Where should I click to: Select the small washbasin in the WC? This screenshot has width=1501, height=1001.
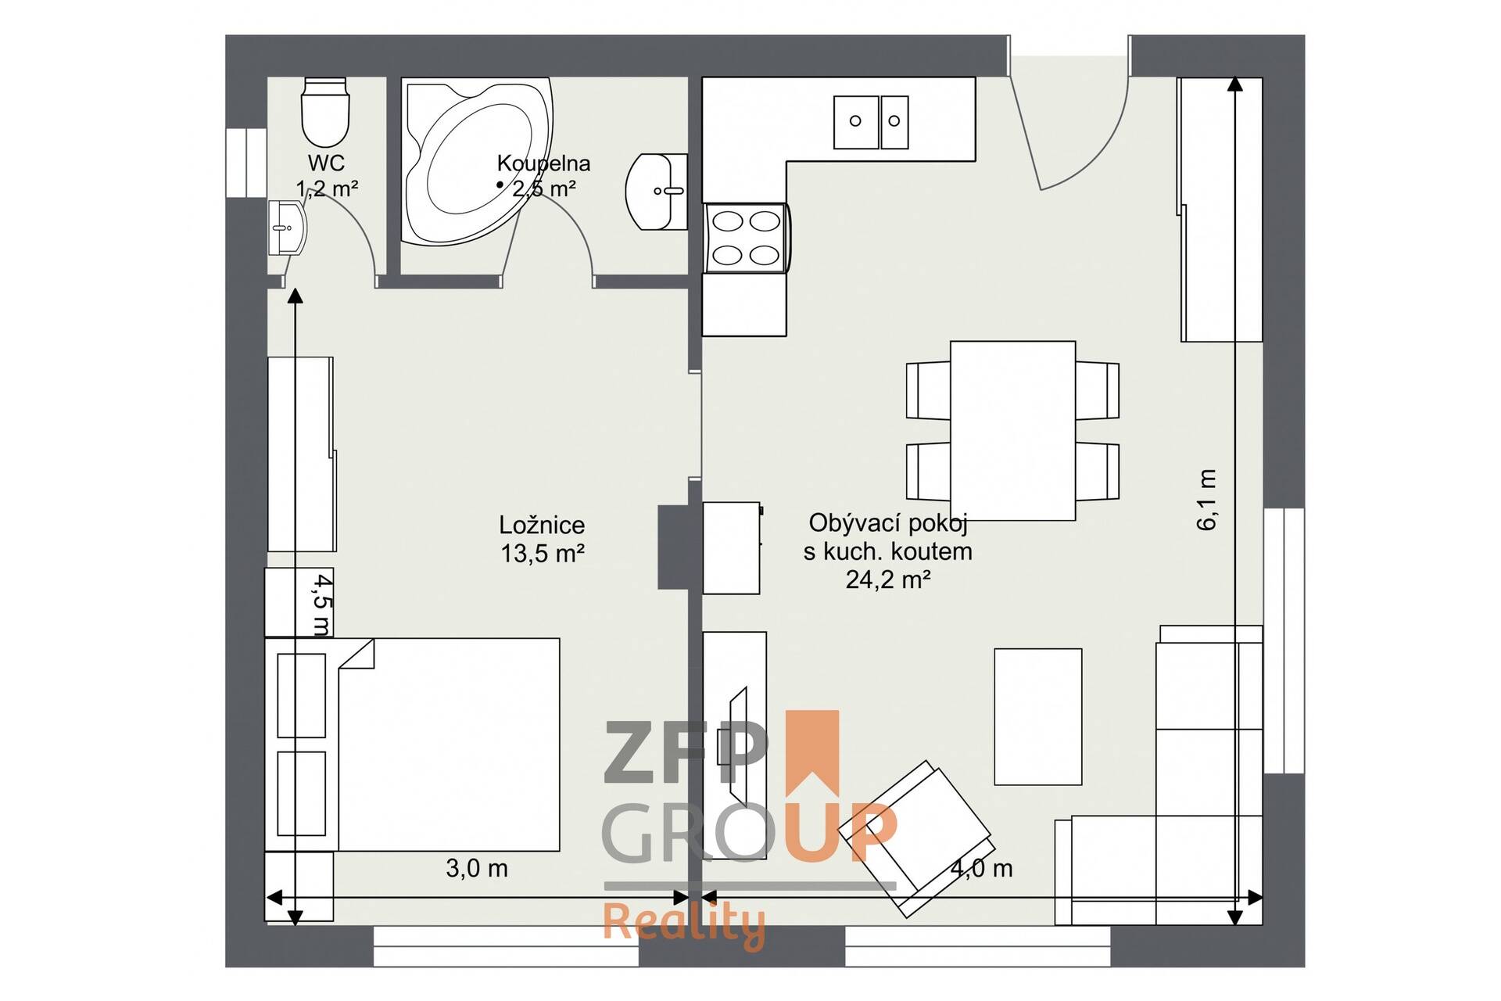(x=286, y=228)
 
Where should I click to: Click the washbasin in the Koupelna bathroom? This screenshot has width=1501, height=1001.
(x=657, y=192)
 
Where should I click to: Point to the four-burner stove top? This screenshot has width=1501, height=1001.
(x=747, y=238)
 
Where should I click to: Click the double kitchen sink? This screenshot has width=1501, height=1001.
(x=871, y=122)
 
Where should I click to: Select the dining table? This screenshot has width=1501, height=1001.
(x=1012, y=431)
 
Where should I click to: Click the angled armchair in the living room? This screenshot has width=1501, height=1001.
(x=915, y=838)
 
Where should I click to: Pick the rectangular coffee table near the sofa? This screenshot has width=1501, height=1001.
(x=1038, y=716)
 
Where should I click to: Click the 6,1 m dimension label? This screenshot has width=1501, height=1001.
(x=1207, y=500)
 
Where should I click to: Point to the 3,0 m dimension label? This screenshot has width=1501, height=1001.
(x=477, y=868)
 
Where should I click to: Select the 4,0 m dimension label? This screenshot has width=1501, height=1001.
(x=982, y=868)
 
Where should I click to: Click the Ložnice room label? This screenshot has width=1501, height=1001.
(x=542, y=525)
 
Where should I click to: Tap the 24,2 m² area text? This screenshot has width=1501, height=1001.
(x=888, y=579)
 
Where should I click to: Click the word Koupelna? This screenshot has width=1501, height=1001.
(x=543, y=163)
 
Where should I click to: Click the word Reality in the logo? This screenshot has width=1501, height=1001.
(x=684, y=925)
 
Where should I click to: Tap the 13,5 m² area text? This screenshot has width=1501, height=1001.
(x=543, y=554)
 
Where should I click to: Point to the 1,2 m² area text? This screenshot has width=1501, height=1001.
(x=327, y=188)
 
